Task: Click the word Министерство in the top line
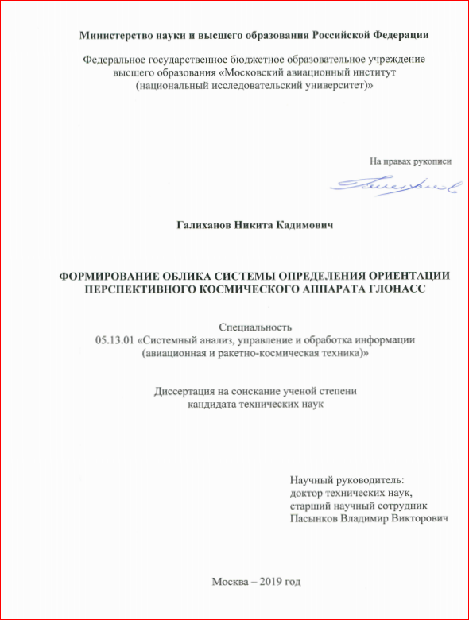pyautogui.click(x=116, y=34)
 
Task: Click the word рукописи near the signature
pyautogui.click(x=430, y=161)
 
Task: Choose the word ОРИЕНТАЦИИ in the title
pyautogui.click(x=404, y=276)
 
